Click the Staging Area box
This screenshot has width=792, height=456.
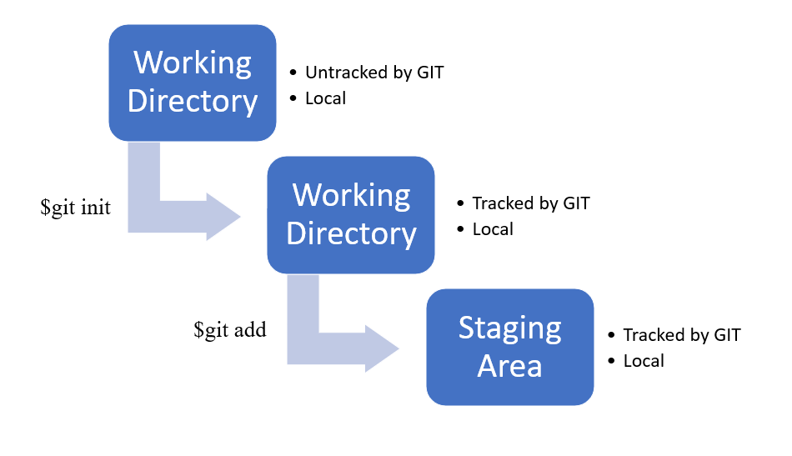(509, 347)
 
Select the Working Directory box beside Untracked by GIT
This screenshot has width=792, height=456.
(193, 82)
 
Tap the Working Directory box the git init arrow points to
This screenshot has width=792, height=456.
(351, 214)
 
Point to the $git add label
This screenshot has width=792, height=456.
(229, 330)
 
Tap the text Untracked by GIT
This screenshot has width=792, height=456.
(374, 73)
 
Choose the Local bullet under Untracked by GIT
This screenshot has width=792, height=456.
(325, 98)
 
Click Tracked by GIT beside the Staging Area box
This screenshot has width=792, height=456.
(682, 335)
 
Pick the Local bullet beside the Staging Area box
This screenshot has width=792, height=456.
(644, 361)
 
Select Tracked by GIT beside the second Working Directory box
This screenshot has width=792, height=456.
(531, 203)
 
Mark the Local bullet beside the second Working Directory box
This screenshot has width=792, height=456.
(493, 229)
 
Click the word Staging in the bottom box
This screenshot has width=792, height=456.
(509, 328)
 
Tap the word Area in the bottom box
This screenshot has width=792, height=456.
(509, 365)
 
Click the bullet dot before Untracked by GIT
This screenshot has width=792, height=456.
(293, 73)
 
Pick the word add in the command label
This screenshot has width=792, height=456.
(249, 330)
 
